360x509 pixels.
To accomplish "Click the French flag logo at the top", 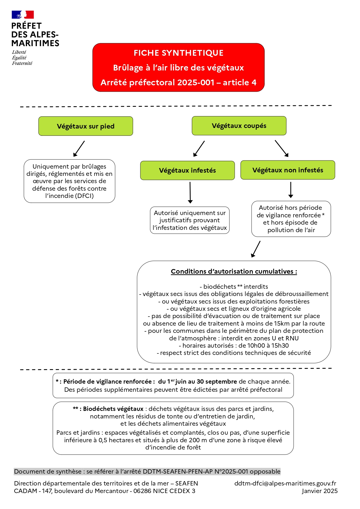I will tap(23, 15).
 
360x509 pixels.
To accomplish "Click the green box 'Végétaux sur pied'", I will tap(86, 126).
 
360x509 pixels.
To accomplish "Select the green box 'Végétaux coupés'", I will tap(239, 126).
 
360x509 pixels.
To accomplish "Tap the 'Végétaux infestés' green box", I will tap(187, 170).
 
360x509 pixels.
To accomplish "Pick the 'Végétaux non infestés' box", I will tap(288, 170).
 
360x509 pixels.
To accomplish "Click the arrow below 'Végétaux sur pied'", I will tap(79, 149).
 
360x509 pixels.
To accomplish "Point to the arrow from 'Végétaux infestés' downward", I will tap(190, 192).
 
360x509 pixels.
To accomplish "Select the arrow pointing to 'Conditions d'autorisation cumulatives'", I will tap(256, 249).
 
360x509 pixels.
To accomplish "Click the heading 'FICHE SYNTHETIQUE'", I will tap(178, 53).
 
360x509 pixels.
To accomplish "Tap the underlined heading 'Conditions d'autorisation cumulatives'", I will tap(234, 271).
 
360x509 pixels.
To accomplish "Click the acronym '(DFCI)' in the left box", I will tap(84, 196).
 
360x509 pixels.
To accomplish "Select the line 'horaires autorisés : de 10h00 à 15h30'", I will tap(234, 346).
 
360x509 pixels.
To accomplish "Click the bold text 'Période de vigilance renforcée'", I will tap(107, 382).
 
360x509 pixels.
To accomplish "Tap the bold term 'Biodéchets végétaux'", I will tap(113, 409).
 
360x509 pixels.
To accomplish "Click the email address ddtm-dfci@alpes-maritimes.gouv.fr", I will tap(285, 483).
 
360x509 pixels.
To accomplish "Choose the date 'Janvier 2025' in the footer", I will tap(320, 491).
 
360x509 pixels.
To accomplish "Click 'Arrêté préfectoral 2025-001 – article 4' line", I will tap(178, 82).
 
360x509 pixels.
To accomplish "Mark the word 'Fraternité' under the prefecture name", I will tap(22, 63).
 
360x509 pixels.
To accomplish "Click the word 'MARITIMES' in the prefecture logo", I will tap(35, 43).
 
